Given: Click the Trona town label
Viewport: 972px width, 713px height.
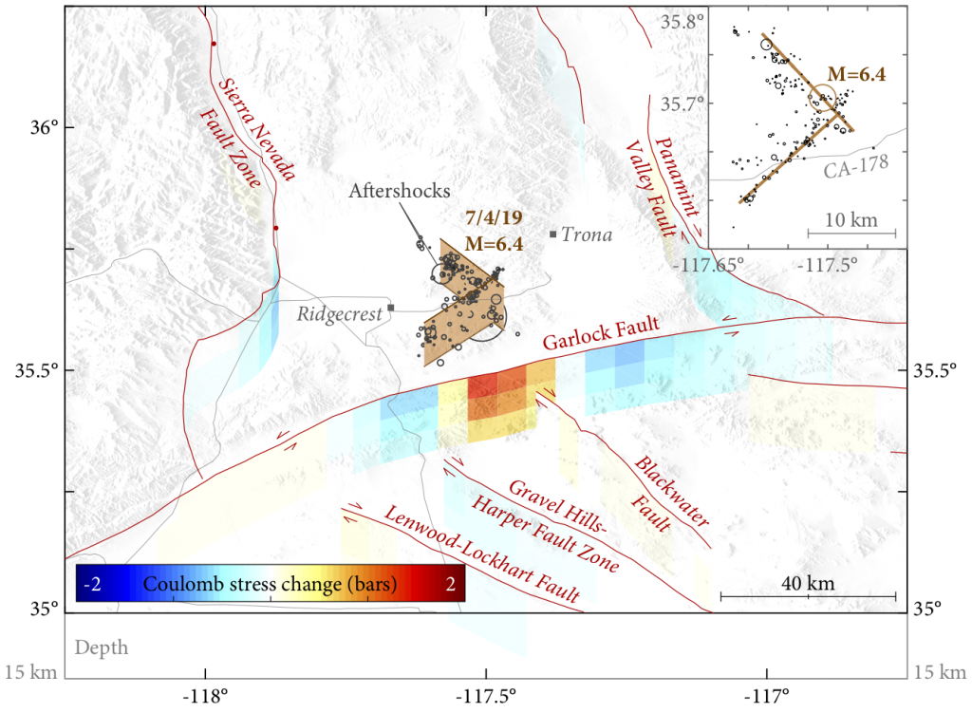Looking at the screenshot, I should coord(587,235).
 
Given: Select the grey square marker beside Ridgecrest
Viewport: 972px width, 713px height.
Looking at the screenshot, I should coord(390,308).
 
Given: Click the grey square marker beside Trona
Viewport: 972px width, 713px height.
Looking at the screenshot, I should coord(552,234).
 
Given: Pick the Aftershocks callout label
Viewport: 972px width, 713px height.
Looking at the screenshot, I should coord(386,190).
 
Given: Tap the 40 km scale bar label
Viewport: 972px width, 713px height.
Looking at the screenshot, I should coord(808,583).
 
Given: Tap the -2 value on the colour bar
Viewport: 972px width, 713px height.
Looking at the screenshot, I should coord(93,584).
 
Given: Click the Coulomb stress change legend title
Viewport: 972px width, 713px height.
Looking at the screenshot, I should coord(270,584).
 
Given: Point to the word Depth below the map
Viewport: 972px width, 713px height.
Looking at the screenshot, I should coord(101,648).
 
